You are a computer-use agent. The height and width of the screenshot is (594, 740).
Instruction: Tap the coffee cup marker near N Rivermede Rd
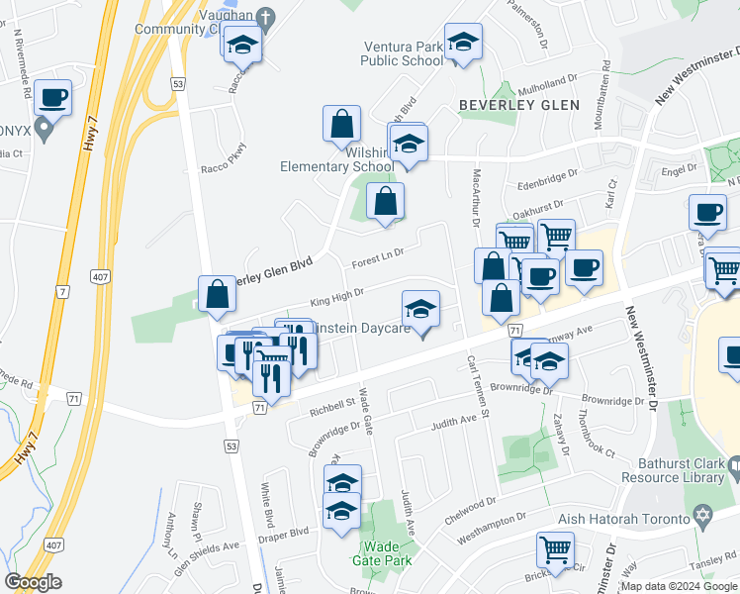(52, 98)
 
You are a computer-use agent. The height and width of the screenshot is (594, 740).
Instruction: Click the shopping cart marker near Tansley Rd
(556, 548)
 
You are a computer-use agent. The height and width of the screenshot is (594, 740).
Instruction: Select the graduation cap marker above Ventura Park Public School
(462, 43)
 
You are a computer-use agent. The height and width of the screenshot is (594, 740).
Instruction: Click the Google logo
(34, 582)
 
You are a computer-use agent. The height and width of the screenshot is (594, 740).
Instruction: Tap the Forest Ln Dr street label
(378, 262)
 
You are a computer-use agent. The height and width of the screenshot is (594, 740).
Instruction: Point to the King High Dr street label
(337, 294)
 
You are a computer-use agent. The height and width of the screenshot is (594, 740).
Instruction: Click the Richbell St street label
(331, 404)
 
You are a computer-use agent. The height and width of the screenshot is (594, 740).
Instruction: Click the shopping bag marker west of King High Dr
(217, 294)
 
